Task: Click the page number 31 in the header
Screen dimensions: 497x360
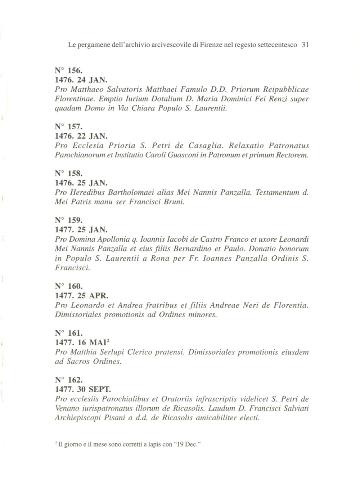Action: (305, 45)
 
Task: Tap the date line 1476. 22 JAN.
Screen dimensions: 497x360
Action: (81, 136)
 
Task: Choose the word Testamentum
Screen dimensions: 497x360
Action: (277, 193)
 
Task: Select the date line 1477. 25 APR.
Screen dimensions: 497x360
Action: (81, 296)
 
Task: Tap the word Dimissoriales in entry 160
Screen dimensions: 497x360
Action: (78, 315)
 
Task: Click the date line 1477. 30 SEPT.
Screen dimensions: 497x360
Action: (83, 389)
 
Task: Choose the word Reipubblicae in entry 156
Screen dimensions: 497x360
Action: (286, 89)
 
